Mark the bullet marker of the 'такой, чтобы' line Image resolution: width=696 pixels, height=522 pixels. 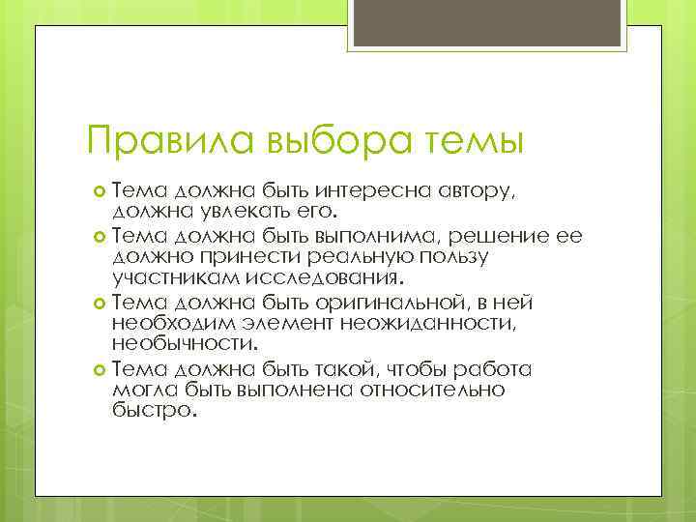[100, 370]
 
